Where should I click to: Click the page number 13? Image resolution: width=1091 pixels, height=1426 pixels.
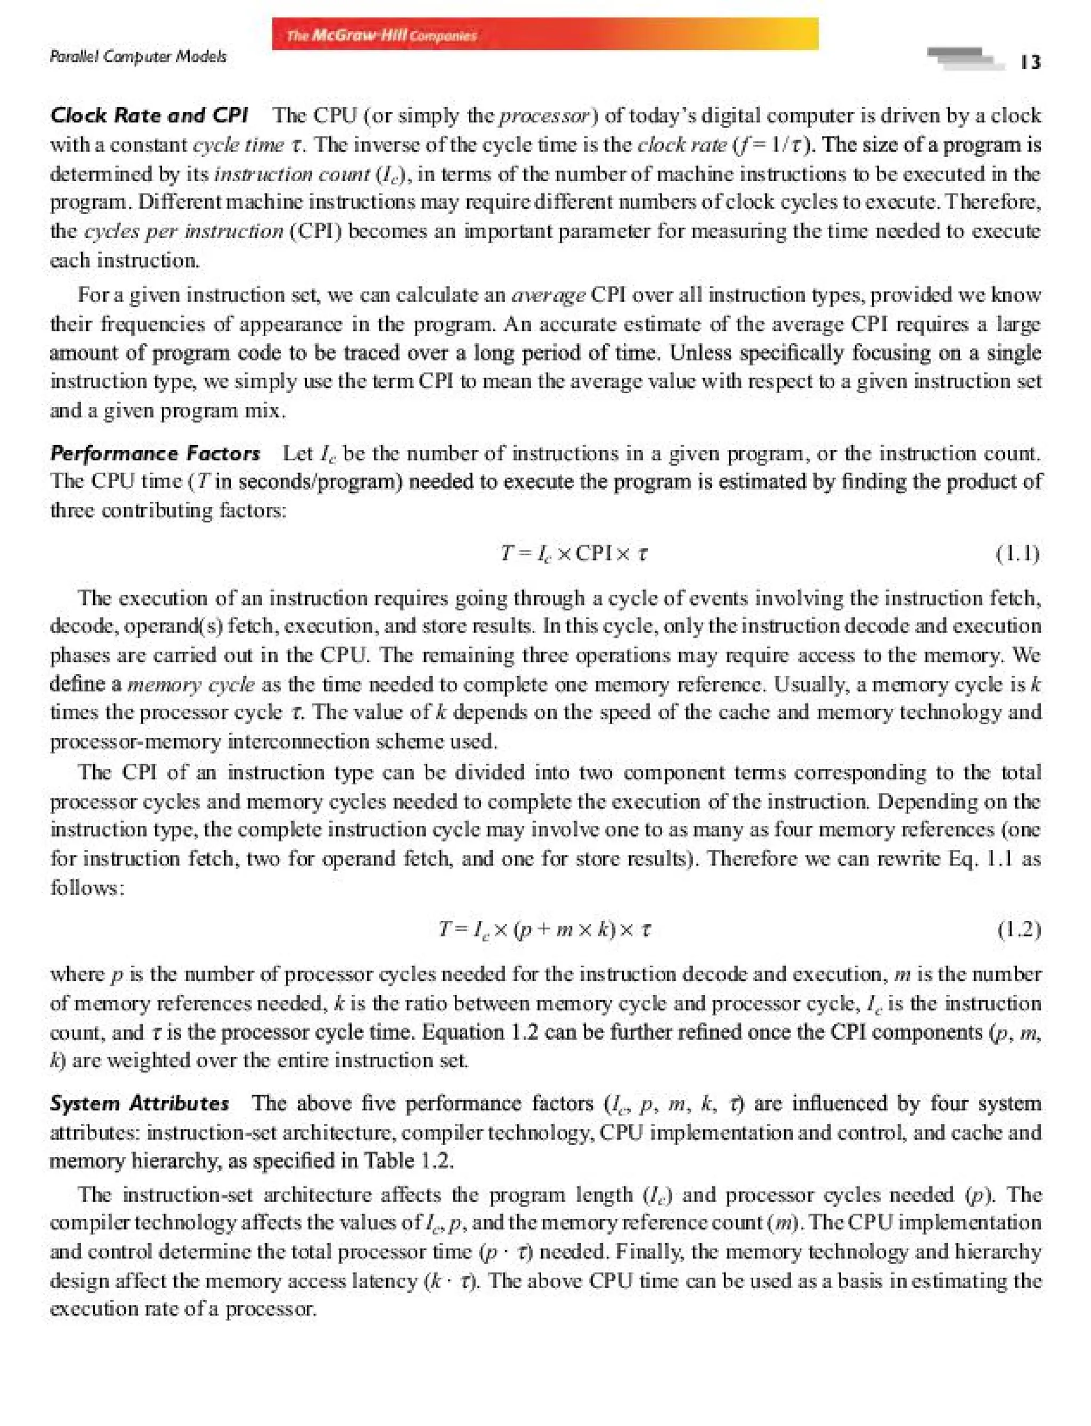1030,62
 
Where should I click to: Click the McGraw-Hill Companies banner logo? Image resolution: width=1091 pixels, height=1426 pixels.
381,35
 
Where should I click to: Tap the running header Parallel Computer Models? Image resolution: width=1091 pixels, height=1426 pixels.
137,57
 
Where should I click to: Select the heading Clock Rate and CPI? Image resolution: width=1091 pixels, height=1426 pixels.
149,116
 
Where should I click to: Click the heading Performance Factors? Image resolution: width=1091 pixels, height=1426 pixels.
155,453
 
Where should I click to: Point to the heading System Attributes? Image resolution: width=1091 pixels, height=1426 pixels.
140,1103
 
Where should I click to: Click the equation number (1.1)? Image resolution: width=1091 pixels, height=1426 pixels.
1017,554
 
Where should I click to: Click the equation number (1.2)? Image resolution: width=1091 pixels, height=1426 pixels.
1018,930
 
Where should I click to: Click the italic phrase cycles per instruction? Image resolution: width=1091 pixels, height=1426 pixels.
184,232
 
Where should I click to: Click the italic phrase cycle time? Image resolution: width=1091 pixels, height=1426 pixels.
238,145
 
